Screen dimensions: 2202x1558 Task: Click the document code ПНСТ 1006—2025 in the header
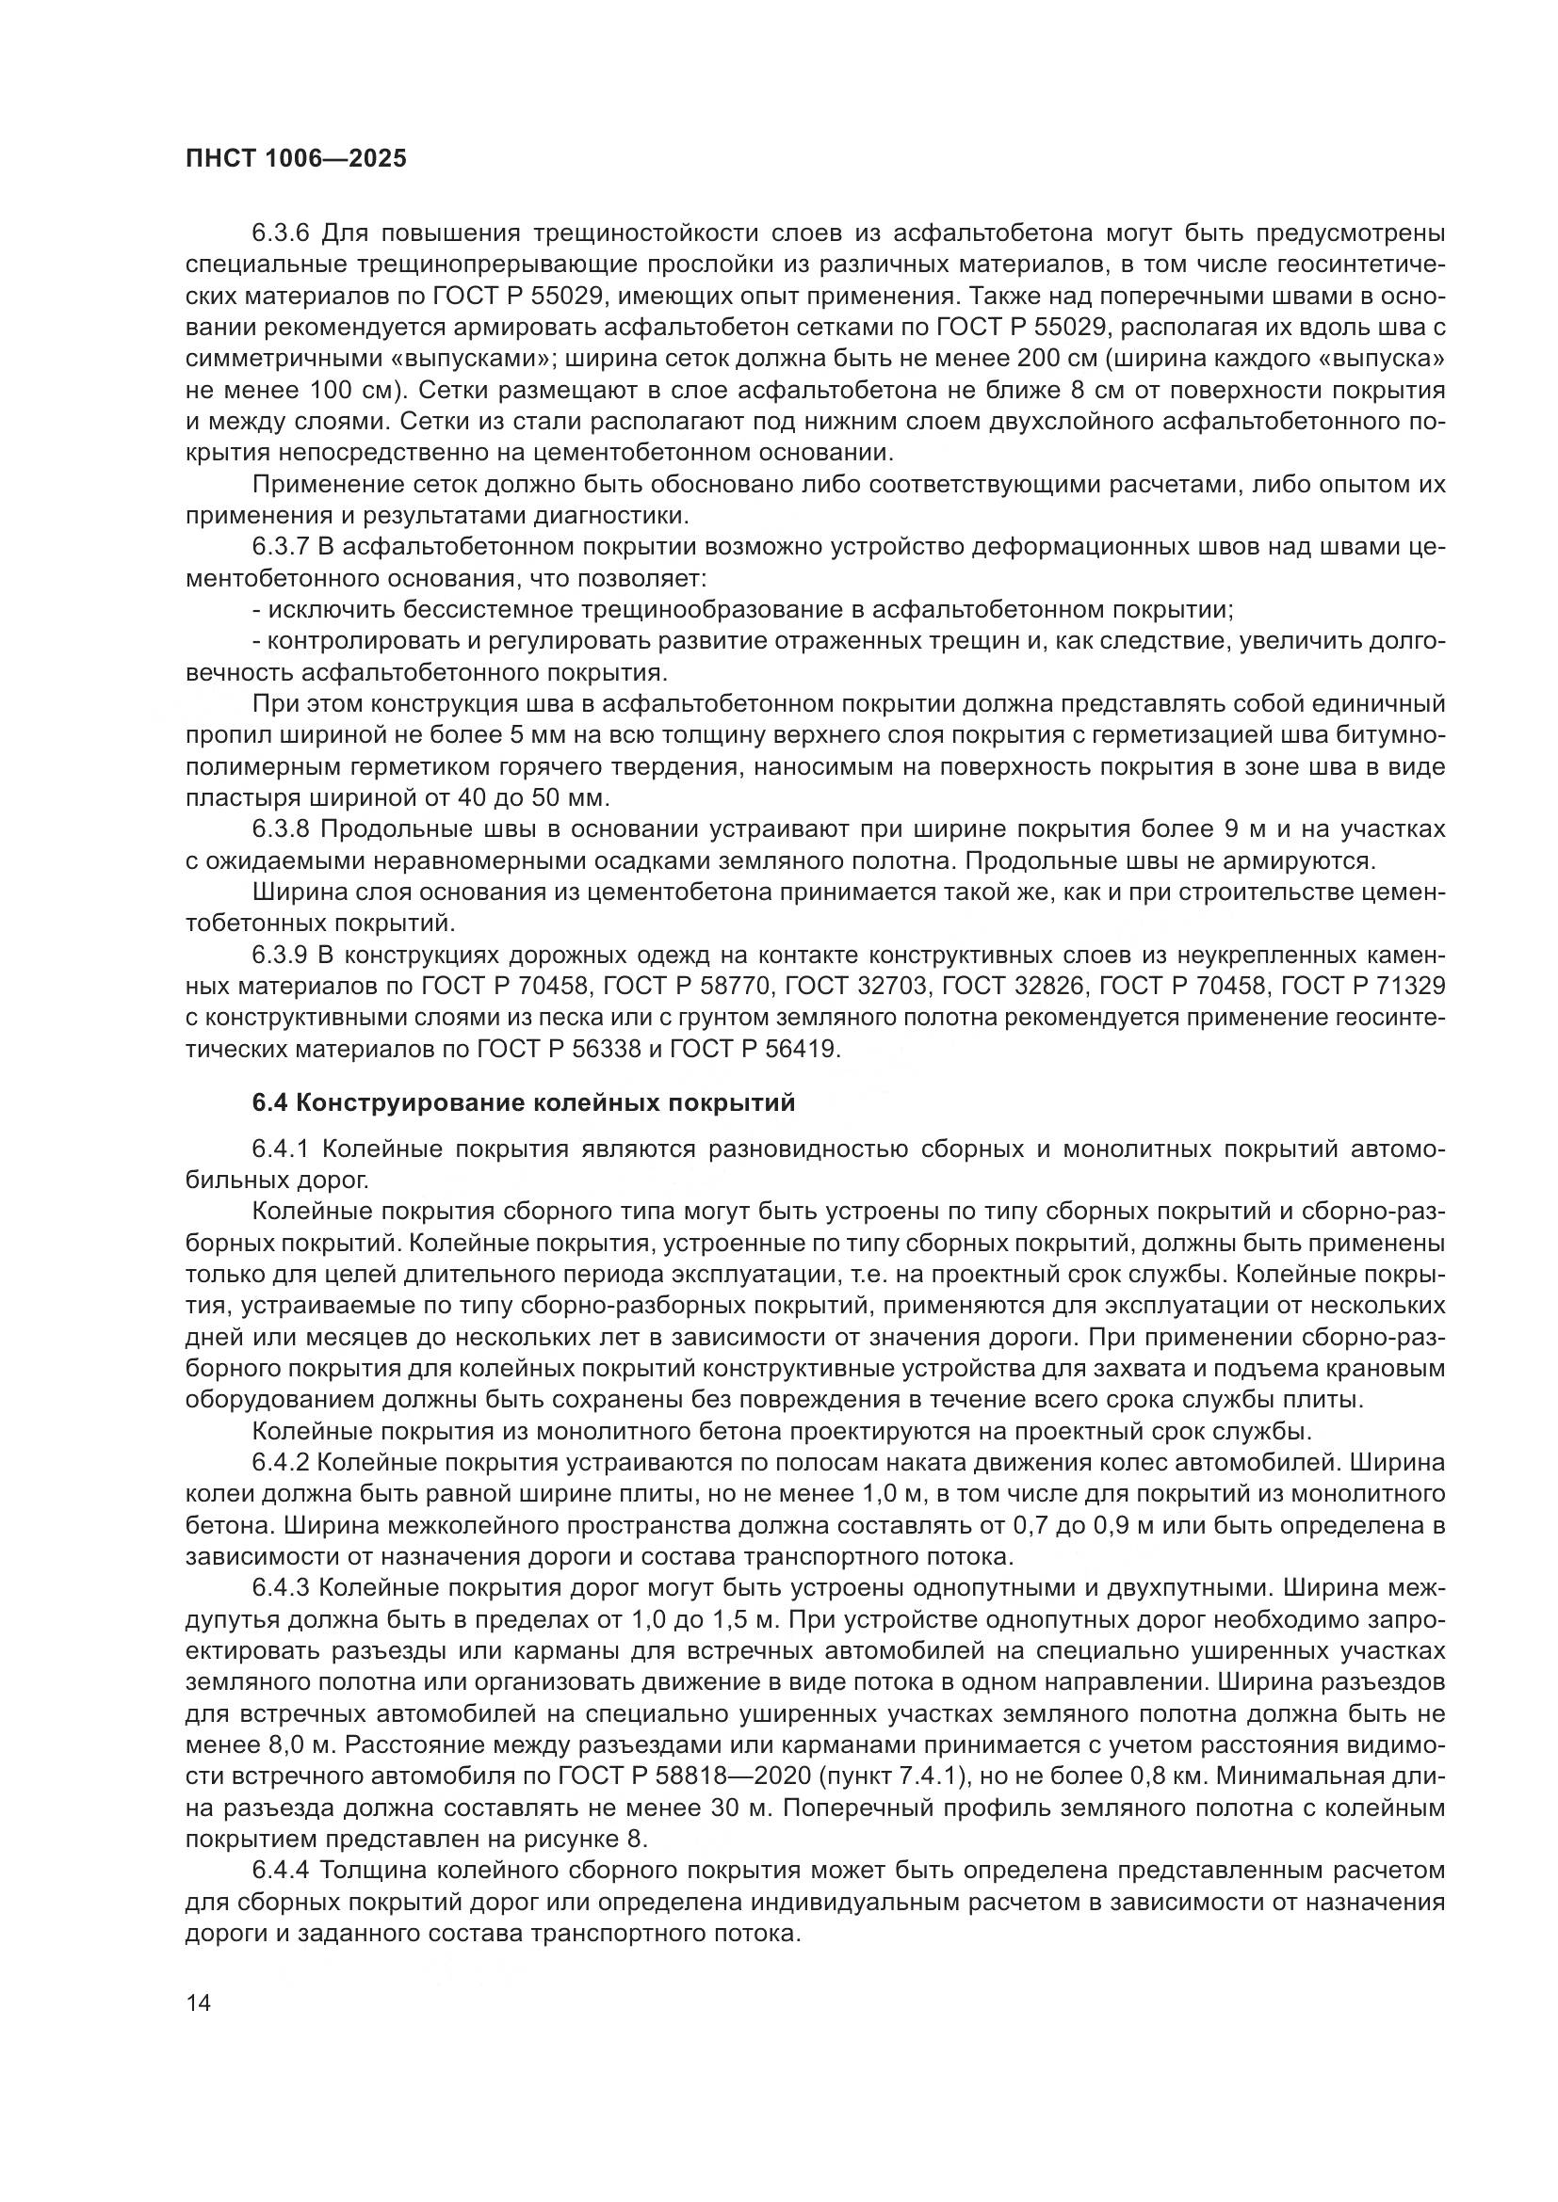tap(296, 159)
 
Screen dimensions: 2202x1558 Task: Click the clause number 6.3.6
tap(282, 233)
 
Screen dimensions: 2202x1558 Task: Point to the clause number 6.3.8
tap(282, 828)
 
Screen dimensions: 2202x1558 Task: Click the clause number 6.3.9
tap(282, 956)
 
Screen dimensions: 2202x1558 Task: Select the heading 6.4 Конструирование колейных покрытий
tap(524, 1103)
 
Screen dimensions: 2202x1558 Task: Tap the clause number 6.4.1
tap(283, 1149)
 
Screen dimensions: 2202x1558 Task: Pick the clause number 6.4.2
tap(282, 1463)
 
